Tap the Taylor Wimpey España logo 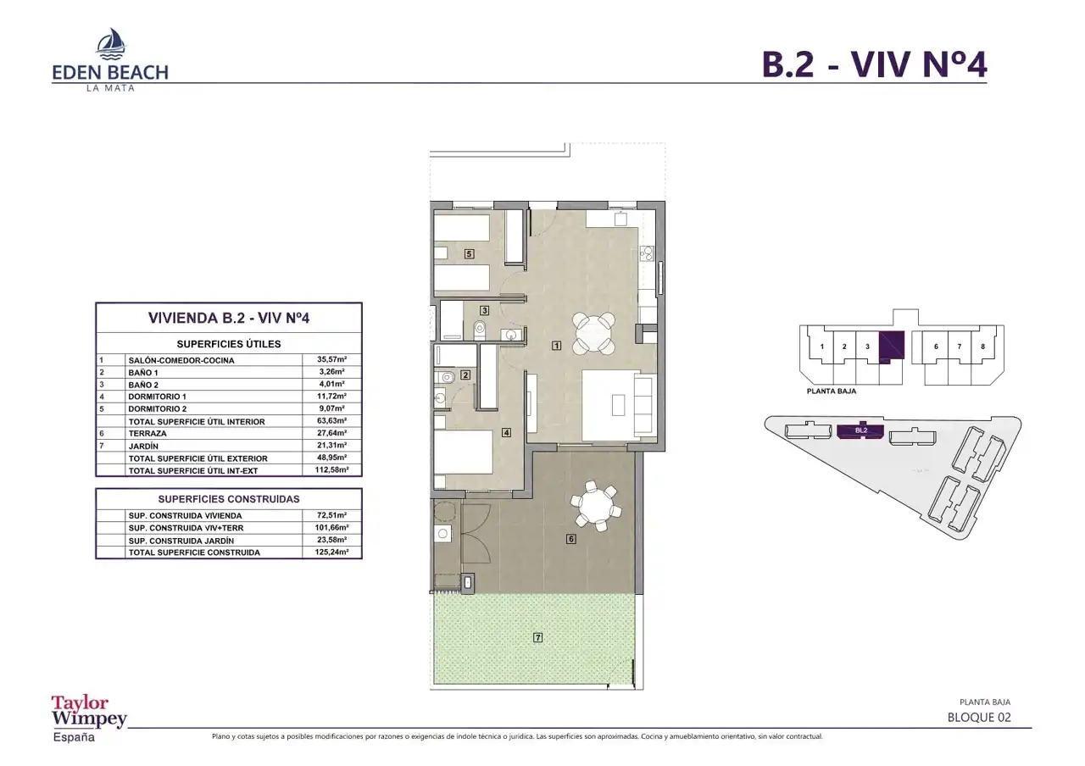click(89, 719)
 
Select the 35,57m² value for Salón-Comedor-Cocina click(331, 359)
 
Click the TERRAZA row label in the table click(147, 433)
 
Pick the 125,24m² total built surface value click(331, 552)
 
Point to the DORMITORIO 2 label click(158, 408)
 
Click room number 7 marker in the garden click(537, 637)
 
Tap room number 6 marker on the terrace click(571, 538)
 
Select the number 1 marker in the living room click(557, 346)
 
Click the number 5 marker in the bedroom click(469, 253)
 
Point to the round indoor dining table click(593, 332)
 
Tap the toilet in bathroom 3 click(479, 330)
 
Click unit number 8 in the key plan click(982, 347)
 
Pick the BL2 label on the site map click(860, 430)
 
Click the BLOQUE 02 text click(979, 717)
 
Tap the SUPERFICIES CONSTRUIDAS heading click(229, 499)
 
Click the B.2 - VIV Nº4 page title click(874, 64)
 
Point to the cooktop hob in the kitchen click(647, 253)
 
